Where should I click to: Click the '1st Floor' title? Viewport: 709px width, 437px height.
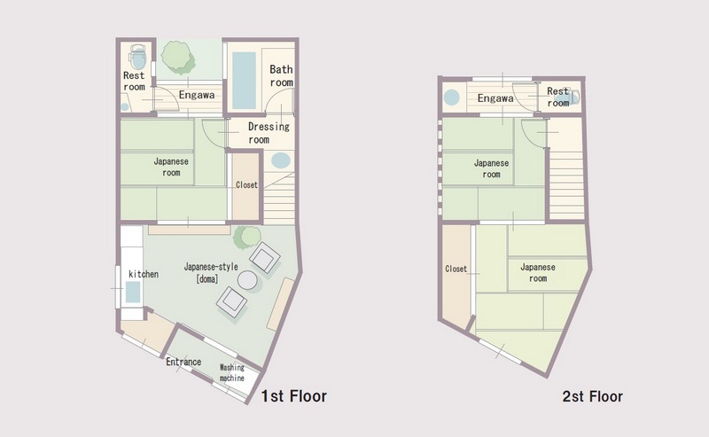click(x=294, y=396)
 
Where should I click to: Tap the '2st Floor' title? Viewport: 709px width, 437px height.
click(x=592, y=397)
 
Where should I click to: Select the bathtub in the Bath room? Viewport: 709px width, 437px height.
click(x=244, y=81)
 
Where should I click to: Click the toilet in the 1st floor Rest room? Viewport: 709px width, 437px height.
click(x=137, y=57)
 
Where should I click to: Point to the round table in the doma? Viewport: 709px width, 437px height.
click(x=247, y=280)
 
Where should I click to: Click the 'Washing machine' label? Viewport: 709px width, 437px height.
click(x=232, y=373)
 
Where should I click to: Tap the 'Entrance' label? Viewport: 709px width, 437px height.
click(x=183, y=362)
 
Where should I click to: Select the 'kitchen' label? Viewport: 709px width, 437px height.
click(x=144, y=274)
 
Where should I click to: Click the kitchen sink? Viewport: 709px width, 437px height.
click(x=132, y=293)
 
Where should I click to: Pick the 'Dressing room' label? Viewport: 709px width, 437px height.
click(x=269, y=133)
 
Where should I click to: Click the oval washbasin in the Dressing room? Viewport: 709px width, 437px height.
click(x=281, y=160)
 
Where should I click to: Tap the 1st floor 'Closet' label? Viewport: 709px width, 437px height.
click(x=246, y=185)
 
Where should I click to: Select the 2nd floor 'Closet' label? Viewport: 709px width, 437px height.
click(x=456, y=269)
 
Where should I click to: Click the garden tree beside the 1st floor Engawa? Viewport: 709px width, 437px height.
click(x=178, y=58)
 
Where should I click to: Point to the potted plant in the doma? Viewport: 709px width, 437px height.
click(x=247, y=238)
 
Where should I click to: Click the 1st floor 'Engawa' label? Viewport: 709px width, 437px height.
click(x=197, y=95)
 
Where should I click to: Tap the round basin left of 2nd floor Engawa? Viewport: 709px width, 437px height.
click(x=451, y=98)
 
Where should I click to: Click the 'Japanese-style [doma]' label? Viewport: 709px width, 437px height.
click(x=211, y=273)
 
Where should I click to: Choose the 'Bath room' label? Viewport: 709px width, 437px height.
click(x=281, y=76)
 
